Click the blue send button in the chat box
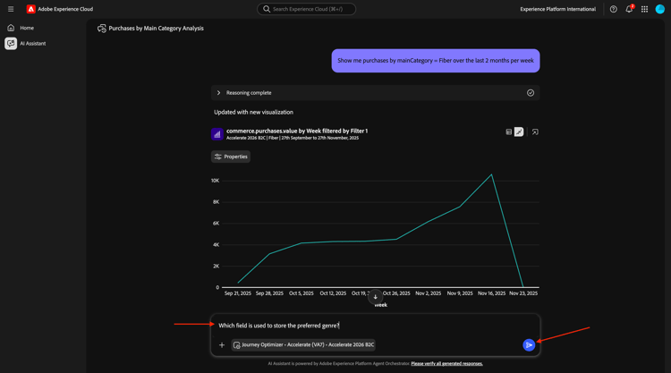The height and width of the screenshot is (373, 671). (x=529, y=344)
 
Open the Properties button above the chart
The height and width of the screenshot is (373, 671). (x=231, y=157)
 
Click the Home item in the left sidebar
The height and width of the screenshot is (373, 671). (x=27, y=28)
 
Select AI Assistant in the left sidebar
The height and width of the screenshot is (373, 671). (x=32, y=43)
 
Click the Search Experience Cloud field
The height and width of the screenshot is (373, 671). (x=307, y=9)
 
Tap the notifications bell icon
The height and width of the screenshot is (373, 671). (x=629, y=9)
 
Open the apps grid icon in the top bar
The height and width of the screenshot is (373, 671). (x=644, y=9)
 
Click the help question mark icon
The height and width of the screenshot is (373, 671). (x=614, y=9)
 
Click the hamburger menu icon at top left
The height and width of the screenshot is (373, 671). (x=11, y=9)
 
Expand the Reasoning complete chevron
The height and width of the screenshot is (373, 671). (x=218, y=93)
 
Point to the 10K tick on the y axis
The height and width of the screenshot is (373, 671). (x=216, y=181)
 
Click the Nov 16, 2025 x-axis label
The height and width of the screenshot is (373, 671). (x=491, y=292)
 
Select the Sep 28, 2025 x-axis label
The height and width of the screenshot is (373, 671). (x=269, y=292)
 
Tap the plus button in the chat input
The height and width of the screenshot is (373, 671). (x=222, y=344)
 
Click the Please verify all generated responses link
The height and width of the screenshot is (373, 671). (x=446, y=363)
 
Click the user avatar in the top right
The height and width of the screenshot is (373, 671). (x=660, y=9)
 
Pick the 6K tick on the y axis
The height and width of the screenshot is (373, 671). (x=216, y=224)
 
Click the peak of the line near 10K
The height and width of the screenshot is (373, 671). (x=491, y=174)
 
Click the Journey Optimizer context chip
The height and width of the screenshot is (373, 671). (x=303, y=344)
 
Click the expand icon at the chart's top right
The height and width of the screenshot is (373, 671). (x=535, y=131)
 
